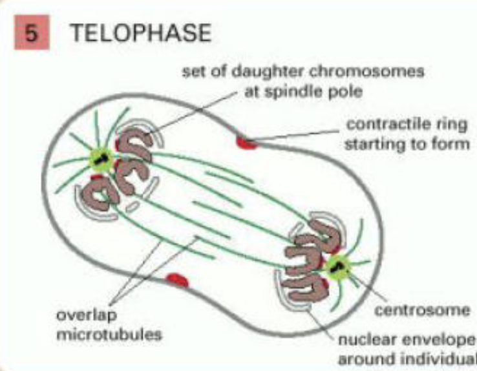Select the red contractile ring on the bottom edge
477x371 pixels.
[177, 279]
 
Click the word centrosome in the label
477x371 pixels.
[423, 310]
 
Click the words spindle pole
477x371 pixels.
[331, 91]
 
